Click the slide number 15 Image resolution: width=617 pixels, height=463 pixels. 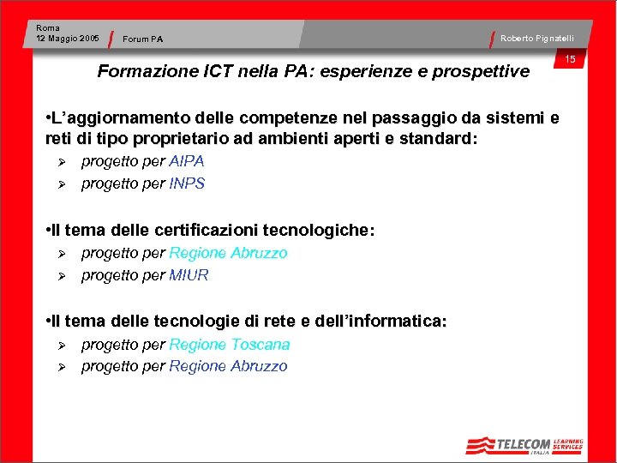[570, 59]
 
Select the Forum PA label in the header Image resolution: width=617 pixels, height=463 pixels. [142, 39]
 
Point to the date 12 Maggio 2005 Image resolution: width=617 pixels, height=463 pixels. [68, 38]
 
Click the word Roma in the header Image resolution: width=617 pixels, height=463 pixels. [48, 28]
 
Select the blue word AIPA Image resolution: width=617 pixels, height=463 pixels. [187, 161]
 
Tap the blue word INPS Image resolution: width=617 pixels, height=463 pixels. [187, 183]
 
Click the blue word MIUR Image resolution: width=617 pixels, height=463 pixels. [189, 275]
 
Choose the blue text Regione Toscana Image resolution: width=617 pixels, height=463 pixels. [229, 345]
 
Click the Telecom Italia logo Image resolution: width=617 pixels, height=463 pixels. [524, 445]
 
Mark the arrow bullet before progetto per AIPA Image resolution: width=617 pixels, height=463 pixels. [62, 162]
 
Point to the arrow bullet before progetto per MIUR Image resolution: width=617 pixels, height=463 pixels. [62, 276]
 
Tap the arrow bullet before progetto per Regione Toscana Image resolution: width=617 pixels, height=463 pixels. [62, 346]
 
